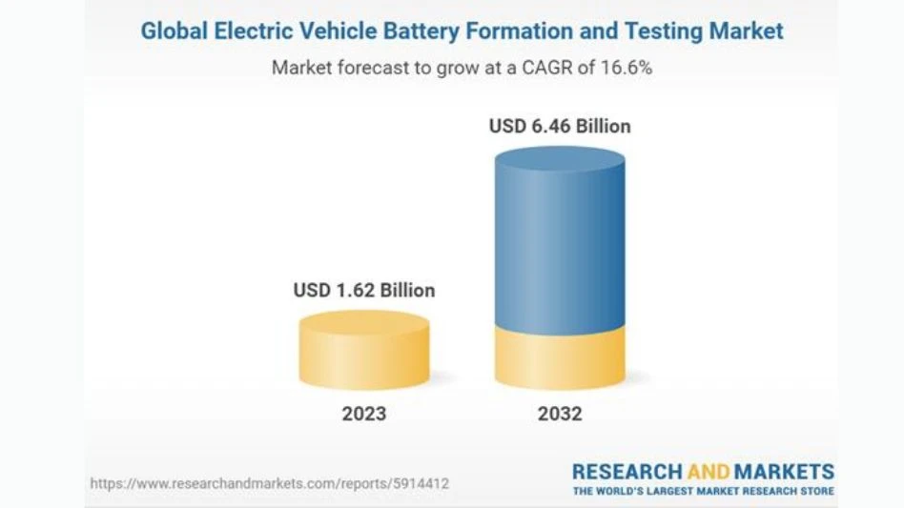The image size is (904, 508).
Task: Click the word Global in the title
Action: click(173, 30)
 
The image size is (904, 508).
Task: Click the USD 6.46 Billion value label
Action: click(560, 126)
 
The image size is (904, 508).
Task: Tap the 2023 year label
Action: click(364, 414)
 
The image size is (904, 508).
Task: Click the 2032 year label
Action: click(560, 414)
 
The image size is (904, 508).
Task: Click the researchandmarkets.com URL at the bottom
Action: click(270, 484)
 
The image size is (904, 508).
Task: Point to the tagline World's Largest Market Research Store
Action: click(703, 491)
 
